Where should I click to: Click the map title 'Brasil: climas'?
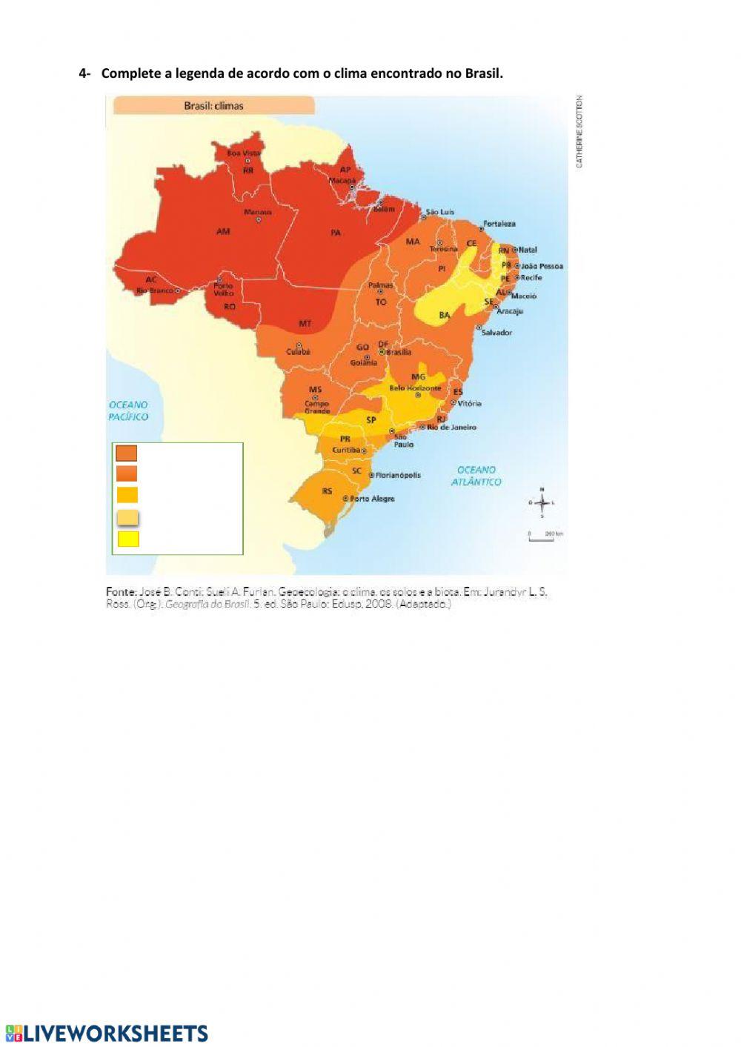(x=213, y=106)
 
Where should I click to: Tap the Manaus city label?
(x=258, y=212)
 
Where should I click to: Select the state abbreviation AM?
(x=223, y=232)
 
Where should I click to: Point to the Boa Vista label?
(x=244, y=153)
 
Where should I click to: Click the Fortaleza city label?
(x=499, y=223)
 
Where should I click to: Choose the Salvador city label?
(x=496, y=333)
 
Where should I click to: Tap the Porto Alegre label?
(x=372, y=499)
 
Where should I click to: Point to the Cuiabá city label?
(x=299, y=352)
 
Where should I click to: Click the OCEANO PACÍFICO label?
(x=128, y=411)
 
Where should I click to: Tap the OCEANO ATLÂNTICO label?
(x=476, y=476)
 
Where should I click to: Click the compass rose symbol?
(x=542, y=503)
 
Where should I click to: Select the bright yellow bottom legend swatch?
(x=128, y=539)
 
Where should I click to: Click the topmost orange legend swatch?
(x=127, y=453)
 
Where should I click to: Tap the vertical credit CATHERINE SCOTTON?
(x=579, y=131)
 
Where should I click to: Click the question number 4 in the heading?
(x=83, y=73)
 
